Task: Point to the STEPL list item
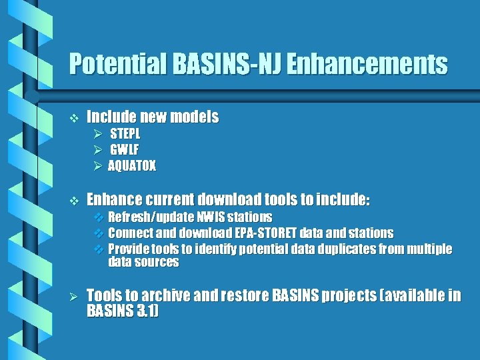tap(125, 133)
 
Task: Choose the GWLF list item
tap(124, 149)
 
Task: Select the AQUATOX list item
tap(132, 166)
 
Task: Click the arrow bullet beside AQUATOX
tap(97, 166)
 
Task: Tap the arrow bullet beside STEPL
tap(97, 133)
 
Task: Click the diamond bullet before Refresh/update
tap(98, 217)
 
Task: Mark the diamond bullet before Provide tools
tap(98, 249)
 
